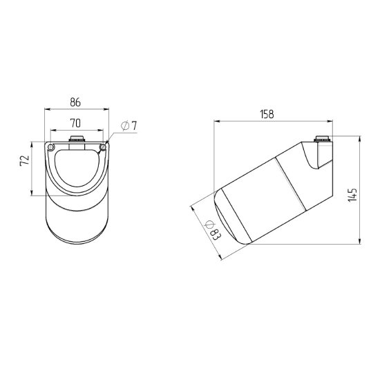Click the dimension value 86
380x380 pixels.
(x=75, y=102)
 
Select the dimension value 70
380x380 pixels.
(x=75, y=124)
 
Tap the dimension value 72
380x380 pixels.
(x=25, y=160)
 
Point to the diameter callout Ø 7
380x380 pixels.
(x=129, y=126)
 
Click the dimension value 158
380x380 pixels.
(x=267, y=114)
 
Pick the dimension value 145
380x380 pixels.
(x=352, y=195)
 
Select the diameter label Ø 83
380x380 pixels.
(x=213, y=230)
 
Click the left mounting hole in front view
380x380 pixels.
(x=50, y=147)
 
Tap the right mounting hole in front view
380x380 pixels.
(x=103, y=147)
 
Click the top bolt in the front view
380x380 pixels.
(x=77, y=140)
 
